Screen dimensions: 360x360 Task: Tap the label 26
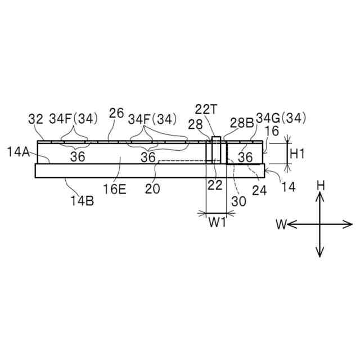point(116,112)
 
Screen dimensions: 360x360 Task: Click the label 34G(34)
point(281,118)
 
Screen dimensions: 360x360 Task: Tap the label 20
point(152,189)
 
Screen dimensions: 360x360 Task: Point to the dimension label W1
point(217,223)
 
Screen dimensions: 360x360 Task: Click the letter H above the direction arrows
point(320,184)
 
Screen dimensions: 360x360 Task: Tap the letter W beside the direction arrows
point(281,225)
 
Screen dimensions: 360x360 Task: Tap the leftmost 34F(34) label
point(73,119)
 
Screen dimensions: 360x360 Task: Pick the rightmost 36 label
point(245,157)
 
